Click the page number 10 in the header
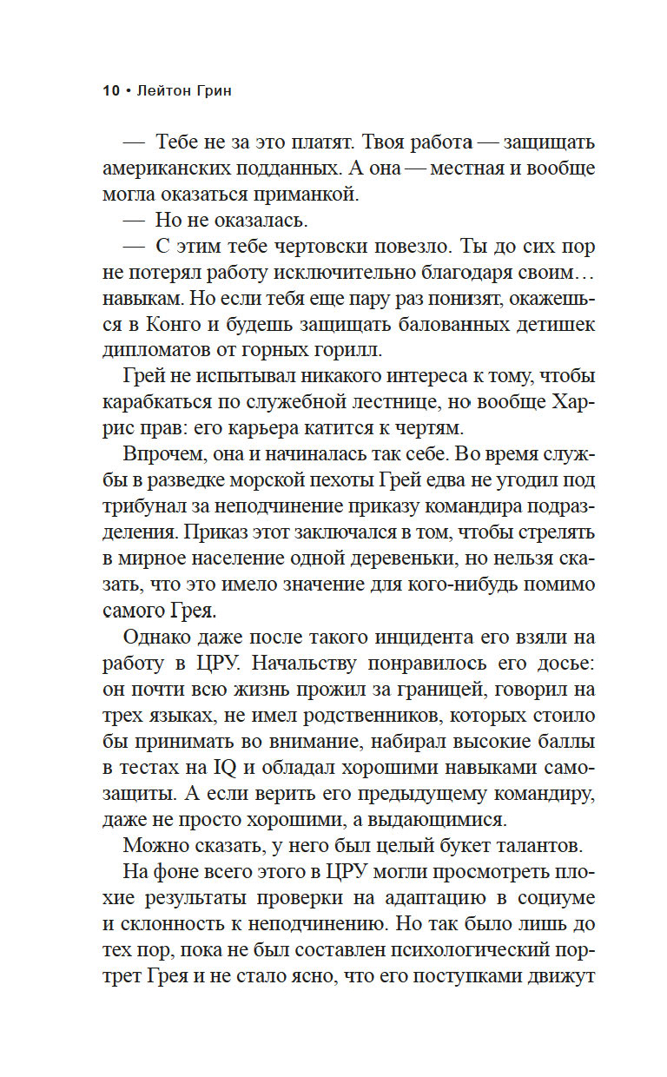[x=111, y=90]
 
